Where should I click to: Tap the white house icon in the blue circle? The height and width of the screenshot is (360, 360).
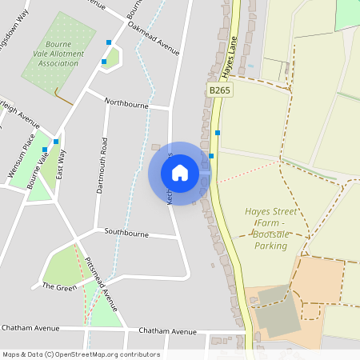coord(180,173)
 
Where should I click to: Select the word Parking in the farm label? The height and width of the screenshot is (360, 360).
coord(271,246)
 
